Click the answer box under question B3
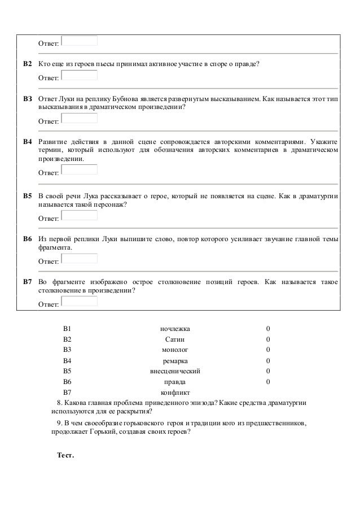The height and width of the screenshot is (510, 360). tap(79, 119)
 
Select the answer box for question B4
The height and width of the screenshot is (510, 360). tap(79, 169)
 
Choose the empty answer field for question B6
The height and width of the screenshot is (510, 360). tap(79, 259)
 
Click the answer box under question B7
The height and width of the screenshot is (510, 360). tap(79, 302)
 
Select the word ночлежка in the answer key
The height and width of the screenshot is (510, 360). tap(175, 329)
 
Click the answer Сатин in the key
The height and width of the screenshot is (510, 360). tap(175, 339)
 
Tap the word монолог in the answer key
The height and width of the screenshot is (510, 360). tap(175, 350)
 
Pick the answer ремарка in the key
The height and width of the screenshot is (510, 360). tap(175, 361)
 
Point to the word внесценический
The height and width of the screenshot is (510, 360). tap(175, 371)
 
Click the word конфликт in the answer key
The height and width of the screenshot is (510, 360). tap(175, 393)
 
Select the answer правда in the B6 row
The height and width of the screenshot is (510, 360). tap(175, 382)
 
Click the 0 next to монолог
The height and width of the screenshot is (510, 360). tap(268, 350)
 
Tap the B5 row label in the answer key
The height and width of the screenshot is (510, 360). tap(67, 371)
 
